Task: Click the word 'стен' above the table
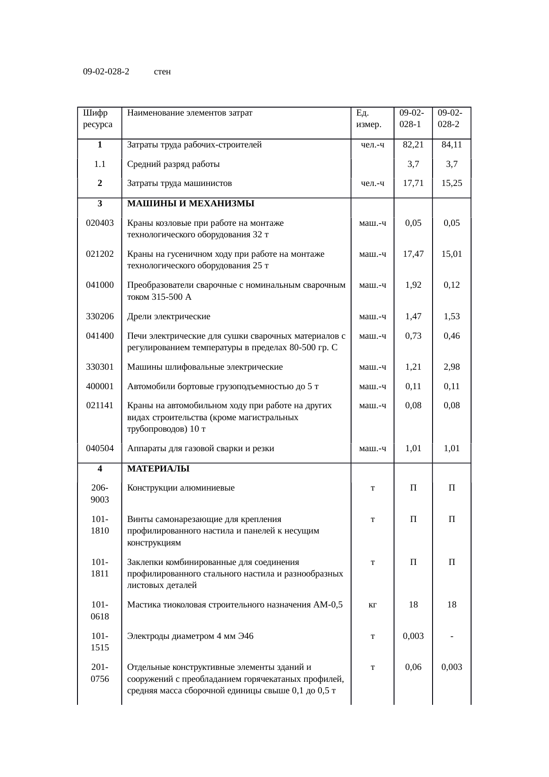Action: [162, 71]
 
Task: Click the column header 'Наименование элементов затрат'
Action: [189, 112]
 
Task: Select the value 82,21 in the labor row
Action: [413, 144]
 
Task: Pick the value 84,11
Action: [452, 144]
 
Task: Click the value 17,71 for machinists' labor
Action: [413, 183]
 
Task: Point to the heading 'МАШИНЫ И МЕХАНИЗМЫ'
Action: [190, 204]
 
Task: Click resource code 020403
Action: [100, 223]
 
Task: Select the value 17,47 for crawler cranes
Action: [413, 254]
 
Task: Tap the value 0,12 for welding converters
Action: [452, 285]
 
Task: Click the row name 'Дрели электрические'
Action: [169, 316]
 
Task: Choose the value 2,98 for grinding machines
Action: [452, 367]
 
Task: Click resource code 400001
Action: [100, 386]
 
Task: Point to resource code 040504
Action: [100, 448]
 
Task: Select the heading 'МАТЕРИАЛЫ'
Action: [158, 468]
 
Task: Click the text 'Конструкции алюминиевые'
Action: [181, 488]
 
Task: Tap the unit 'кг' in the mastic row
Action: [373, 604]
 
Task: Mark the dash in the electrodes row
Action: [452, 636]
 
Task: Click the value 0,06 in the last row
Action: [413, 667]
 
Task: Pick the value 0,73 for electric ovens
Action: [413, 336]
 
